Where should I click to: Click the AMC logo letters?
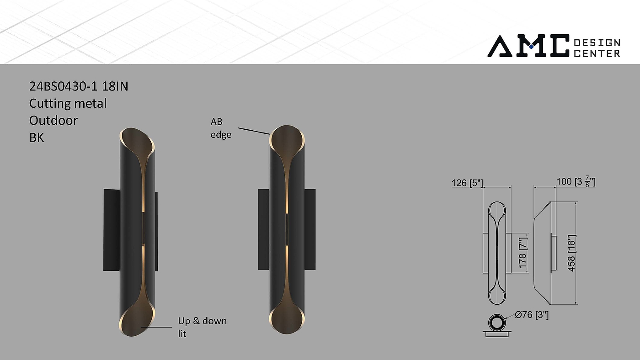[x=528, y=46]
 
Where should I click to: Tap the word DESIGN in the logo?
[x=597, y=43]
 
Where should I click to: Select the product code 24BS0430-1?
[x=64, y=86]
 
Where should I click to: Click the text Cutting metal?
[x=68, y=103]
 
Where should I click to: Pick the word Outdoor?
[x=53, y=121]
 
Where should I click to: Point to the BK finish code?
[x=37, y=138]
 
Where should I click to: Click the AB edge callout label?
[x=221, y=128]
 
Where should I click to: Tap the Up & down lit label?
[x=202, y=327]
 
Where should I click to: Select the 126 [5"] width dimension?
[x=467, y=183]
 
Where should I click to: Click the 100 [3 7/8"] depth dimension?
[x=576, y=181]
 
